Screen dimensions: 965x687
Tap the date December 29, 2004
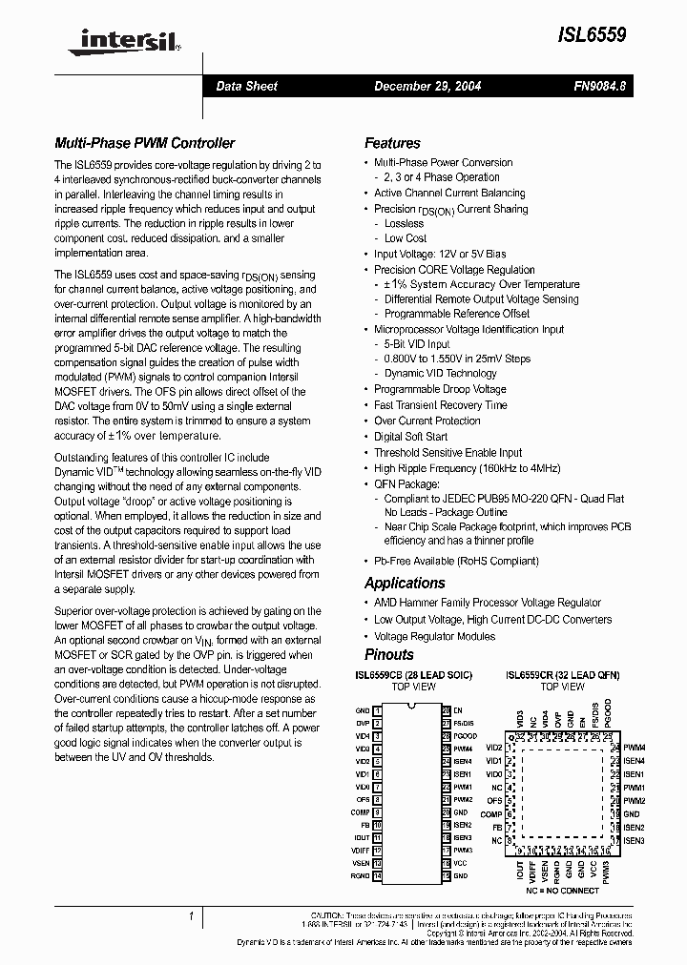tap(427, 86)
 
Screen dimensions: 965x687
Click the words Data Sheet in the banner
tap(246, 86)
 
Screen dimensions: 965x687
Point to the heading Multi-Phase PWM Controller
tap(144, 143)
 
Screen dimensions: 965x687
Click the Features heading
tap(392, 143)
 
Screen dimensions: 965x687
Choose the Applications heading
tap(405, 583)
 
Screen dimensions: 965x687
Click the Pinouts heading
tap(389, 654)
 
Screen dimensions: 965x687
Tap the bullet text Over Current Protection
tap(427, 421)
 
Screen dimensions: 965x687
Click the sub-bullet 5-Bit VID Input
tap(417, 344)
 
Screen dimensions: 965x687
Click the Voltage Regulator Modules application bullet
tap(434, 636)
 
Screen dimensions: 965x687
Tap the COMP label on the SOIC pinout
tap(361, 811)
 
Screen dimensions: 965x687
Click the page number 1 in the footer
tap(192, 916)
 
